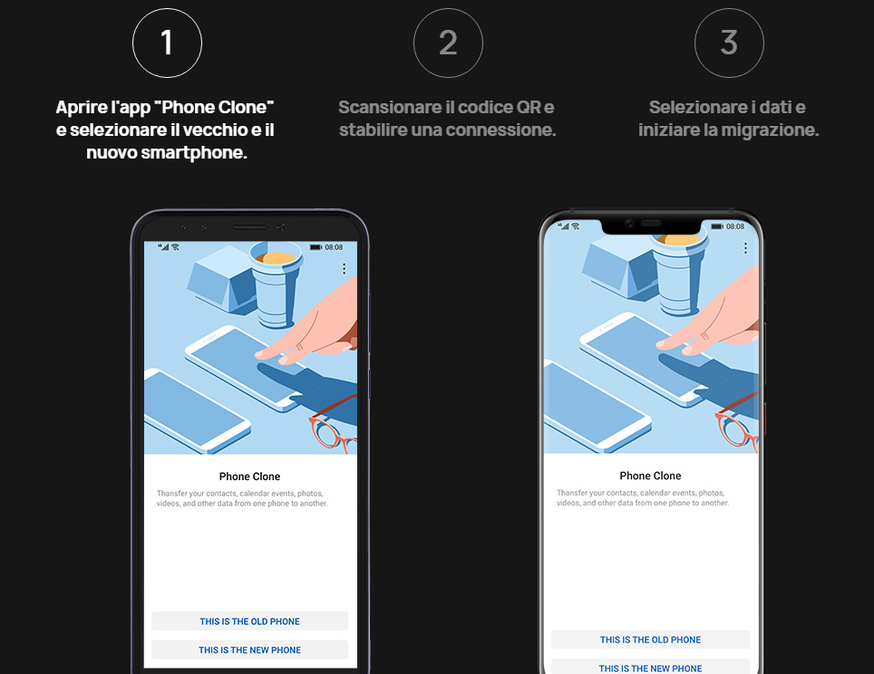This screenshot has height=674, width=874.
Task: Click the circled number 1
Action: [167, 43]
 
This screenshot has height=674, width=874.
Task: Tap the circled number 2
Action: [448, 43]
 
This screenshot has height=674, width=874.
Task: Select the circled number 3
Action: [729, 43]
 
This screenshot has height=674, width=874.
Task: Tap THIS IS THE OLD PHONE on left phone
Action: [249, 621]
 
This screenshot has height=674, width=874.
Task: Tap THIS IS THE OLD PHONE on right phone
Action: [650, 640]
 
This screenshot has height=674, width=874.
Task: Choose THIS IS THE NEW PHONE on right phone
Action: [650, 668]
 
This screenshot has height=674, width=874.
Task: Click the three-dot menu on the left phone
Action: [344, 269]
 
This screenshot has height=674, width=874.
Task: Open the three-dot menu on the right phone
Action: [745, 248]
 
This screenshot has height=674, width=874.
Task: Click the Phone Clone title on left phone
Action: [249, 477]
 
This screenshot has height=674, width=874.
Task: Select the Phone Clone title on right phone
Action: [650, 476]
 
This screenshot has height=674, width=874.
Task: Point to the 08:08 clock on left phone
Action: [334, 247]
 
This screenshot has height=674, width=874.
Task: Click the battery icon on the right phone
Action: [717, 226]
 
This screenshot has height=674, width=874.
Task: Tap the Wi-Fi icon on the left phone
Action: [176, 246]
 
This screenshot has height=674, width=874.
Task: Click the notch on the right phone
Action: [650, 225]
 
